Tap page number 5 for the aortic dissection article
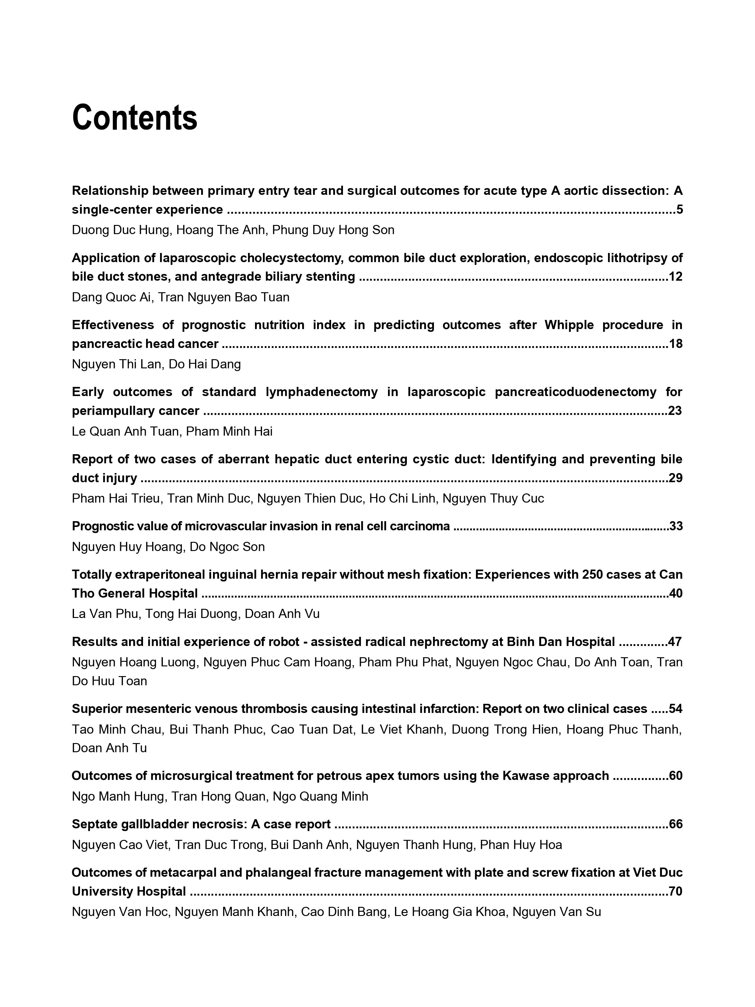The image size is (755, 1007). (680, 210)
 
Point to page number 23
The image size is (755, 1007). (675, 411)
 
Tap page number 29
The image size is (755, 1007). (675, 478)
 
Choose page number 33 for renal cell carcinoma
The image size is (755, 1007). (676, 526)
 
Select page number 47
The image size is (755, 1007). (675, 642)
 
